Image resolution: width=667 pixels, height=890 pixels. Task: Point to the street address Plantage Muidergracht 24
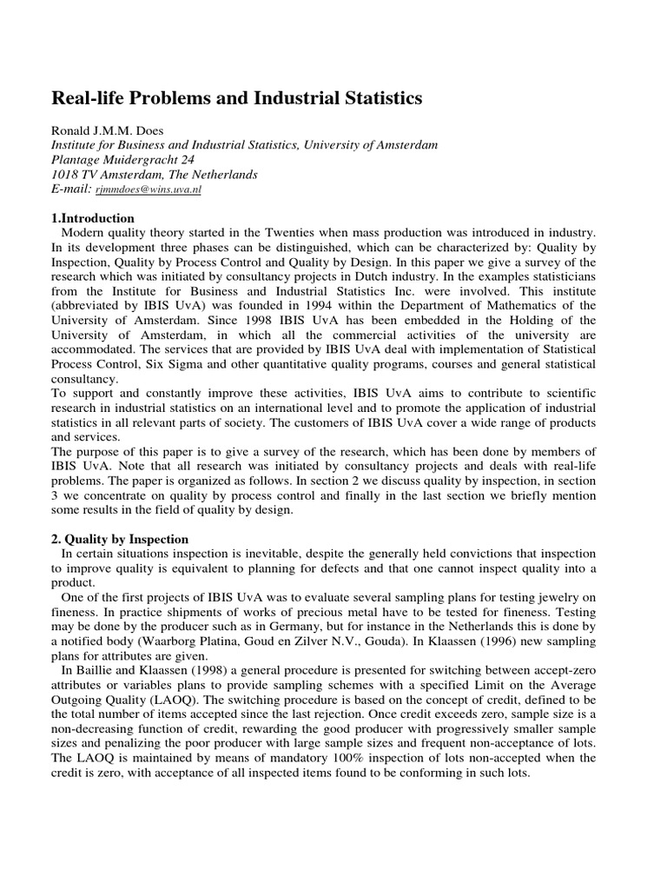(123, 159)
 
